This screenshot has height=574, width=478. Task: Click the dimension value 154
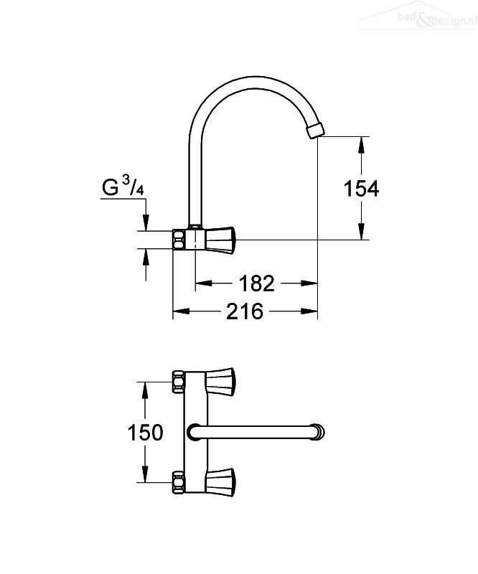pyautogui.click(x=361, y=189)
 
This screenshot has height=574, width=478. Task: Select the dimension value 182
pyautogui.click(x=256, y=283)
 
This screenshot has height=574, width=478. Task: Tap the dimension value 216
pyautogui.click(x=245, y=311)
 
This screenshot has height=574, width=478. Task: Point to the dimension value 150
pyautogui.click(x=145, y=433)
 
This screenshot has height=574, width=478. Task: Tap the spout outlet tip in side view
pyautogui.click(x=316, y=131)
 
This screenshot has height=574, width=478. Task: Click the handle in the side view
pyautogui.click(x=220, y=240)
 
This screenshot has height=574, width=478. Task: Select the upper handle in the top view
pyautogui.click(x=221, y=382)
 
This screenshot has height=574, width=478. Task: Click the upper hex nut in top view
pyautogui.click(x=178, y=382)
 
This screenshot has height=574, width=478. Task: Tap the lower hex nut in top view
pyautogui.click(x=178, y=483)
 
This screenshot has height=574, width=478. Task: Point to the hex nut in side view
pyautogui.click(x=179, y=240)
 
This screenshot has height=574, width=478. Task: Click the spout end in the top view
pyautogui.click(x=318, y=432)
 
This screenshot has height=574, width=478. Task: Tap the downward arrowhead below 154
pyautogui.click(x=362, y=231)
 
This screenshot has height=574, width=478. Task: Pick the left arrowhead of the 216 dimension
pyautogui.click(x=182, y=311)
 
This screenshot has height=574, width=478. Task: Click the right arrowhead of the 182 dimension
pyautogui.click(x=308, y=283)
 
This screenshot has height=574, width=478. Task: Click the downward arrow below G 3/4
pyautogui.click(x=146, y=215)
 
